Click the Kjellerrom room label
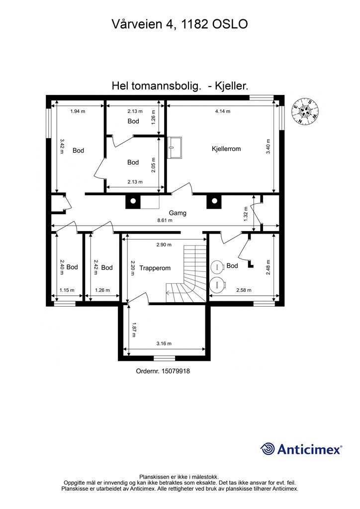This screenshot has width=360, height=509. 226,149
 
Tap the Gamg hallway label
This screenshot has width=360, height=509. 178,213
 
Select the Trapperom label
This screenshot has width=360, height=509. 155,268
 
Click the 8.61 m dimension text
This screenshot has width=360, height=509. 164,220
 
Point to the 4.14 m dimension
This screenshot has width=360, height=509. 222,111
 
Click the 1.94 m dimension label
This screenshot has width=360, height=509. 78,111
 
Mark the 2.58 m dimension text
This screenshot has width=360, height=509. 244,290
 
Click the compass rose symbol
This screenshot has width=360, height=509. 304,111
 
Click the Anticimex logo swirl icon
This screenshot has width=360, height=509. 268,449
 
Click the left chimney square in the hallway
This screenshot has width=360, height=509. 133,201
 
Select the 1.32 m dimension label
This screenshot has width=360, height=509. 246,214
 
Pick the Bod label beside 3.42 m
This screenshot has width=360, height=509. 78,151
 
